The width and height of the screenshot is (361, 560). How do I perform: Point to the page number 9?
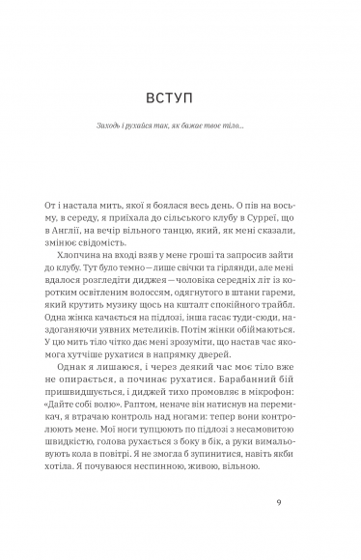point(276,501)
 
